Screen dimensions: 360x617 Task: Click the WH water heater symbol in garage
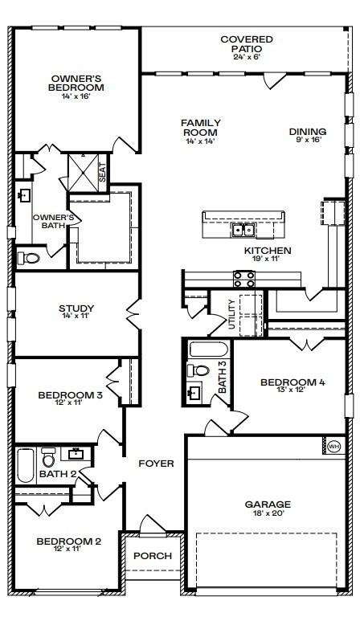pos(333,446)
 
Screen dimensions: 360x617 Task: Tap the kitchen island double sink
pos(243,230)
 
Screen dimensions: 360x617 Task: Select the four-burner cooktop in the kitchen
pos(244,279)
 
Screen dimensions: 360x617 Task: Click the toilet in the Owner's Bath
pos(29,258)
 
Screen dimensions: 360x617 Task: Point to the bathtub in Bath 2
pos(26,466)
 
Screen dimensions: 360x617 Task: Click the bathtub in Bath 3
pos(208,350)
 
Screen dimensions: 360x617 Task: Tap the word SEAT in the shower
pos(102,173)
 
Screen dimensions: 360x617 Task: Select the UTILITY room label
pos(231,314)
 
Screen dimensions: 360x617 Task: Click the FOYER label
pos(156,464)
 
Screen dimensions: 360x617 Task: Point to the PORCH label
pos(153,556)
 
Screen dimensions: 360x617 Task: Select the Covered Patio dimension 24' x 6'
pos(247,56)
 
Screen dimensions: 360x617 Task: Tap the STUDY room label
pos(76,308)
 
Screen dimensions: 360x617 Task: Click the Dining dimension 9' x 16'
pos(308,139)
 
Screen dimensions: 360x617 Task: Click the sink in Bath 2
pos(76,454)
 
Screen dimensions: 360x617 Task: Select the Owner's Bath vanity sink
pos(25,194)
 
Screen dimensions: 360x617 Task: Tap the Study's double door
pos(133,313)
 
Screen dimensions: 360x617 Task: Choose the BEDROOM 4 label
pos(292,382)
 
